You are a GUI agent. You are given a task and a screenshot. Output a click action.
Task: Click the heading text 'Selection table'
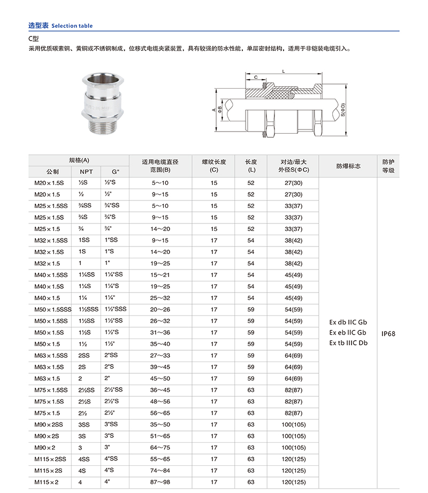[x=72, y=26]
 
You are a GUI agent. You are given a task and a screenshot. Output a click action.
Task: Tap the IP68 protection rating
[x=388, y=333]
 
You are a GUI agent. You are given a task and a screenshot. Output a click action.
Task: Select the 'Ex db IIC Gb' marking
[x=348, y=322]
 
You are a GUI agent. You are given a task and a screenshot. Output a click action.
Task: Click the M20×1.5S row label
[x=49, y=183]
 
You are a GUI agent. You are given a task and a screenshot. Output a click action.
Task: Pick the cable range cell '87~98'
[x=160, y=482]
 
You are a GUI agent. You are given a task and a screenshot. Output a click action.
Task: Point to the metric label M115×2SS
[x=51, y=459]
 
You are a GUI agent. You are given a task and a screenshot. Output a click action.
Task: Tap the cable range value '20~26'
[x=160, y=310]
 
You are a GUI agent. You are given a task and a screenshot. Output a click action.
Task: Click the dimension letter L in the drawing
[x=283, y=72]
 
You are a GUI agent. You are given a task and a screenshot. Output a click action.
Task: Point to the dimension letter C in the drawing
[x=256, y=78]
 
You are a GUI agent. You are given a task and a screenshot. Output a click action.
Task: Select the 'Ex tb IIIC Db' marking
[x=348, y=343]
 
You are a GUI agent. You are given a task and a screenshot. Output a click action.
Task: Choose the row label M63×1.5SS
[x=51, y=356]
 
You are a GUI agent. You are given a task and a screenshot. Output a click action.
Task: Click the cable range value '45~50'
[x=160, y=379]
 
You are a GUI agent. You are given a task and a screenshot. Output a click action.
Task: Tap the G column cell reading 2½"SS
[x=113, y=390]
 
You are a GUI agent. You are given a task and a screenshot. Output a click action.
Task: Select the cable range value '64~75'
[x=160, y=448]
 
